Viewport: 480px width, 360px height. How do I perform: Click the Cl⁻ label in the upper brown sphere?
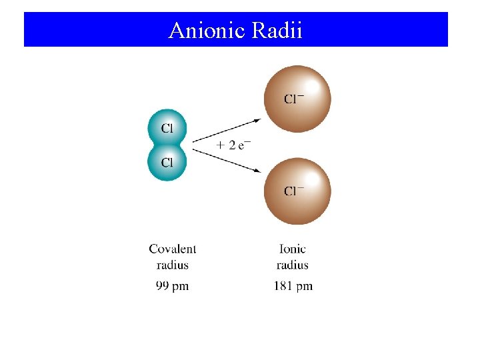click(294, 99)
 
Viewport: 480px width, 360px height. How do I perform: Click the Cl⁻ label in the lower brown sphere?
click(294, 191)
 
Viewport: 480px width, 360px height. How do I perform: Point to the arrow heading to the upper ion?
click(227, 130)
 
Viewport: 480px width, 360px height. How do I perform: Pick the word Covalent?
click(173, 249)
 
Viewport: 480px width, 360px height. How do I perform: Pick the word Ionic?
click(293, 249)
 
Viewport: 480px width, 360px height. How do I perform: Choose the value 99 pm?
click(172, 286)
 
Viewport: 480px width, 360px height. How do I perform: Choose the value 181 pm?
click(293, 286)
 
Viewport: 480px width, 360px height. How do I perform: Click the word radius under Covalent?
click(173, 265)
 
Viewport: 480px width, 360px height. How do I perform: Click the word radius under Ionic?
click(293, 265)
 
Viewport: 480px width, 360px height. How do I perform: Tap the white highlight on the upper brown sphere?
click(311, 87)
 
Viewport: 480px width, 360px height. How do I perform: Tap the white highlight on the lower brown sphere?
click(311, 178)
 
